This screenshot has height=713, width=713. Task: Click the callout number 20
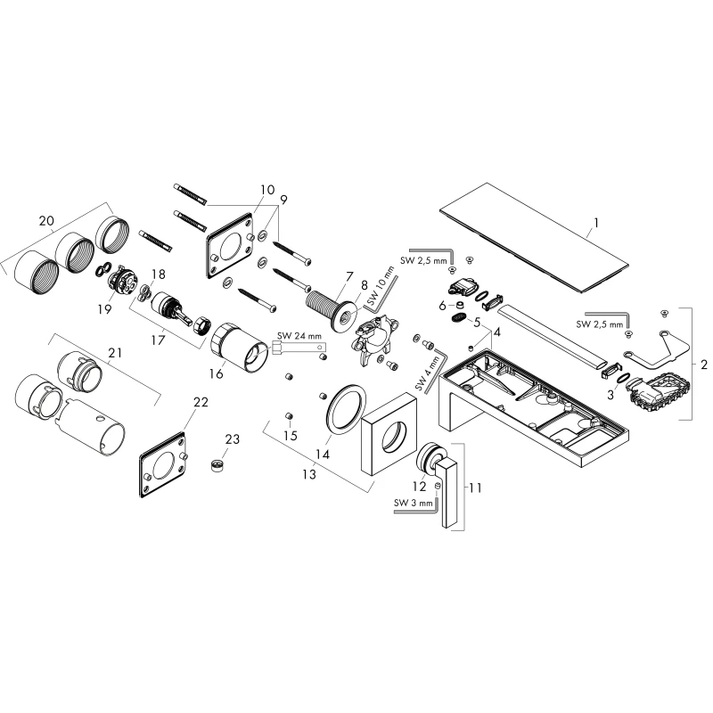click(x=46, y=221)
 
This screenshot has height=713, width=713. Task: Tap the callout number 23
click(x=232, y=439)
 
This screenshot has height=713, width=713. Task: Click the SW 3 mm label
click(x=414, y=503)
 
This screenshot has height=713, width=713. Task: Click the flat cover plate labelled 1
click(x=534, y=239)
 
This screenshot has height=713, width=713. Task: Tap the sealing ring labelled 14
click(x=347, y=408)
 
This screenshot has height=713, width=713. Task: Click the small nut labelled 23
click(x=218, y=465)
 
